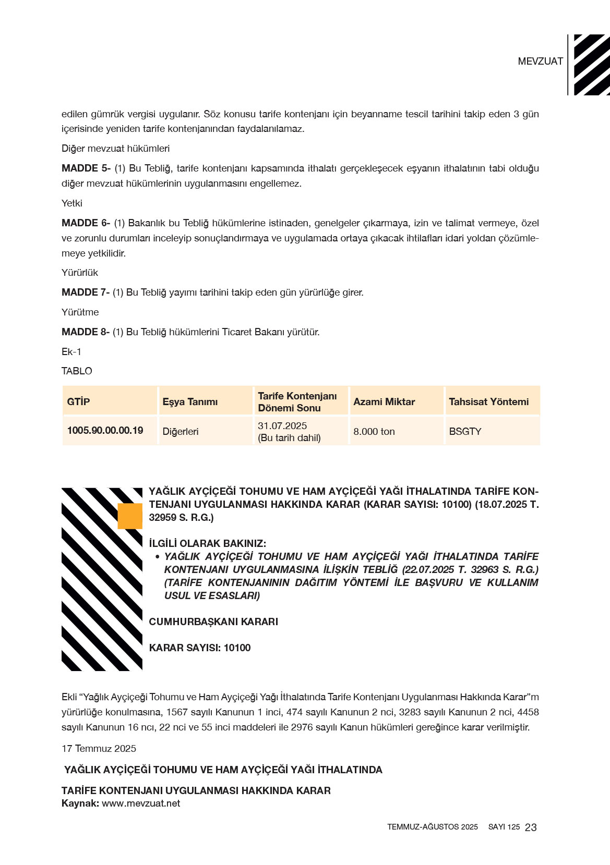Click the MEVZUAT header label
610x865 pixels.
coord(540,62)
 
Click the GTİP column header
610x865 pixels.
coord(78,401)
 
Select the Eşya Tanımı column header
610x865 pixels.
coord(190,401)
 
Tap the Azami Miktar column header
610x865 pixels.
coord(384,401)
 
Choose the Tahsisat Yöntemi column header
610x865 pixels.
coord(488,401)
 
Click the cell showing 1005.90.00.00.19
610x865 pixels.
coord(105,431)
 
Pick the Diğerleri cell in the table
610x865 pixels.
coord(181,432)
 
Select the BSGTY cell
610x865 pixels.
coord(465,432)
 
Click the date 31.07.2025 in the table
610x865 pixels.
coord(282,426)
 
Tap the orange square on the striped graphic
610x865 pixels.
coord(130,516)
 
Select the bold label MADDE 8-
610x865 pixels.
coord(86,332)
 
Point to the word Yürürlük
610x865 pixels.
coord(80,273)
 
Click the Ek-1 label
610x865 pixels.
coord(71,352)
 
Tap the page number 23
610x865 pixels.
coord(531,827)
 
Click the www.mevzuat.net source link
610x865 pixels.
coord(141,803)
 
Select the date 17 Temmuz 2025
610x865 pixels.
coord(99,749)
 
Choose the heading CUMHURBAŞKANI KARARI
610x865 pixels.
coord(213,622)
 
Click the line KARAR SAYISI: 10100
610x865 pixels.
coord(200,648)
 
